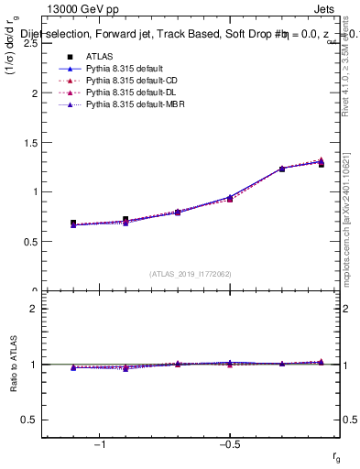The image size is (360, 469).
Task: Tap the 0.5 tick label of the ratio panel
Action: click(30, 420)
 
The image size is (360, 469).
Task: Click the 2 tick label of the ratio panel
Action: click(34, 309)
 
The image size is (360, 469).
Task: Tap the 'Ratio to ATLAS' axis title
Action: click(12, 365)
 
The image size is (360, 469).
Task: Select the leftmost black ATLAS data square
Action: click(73, 223)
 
